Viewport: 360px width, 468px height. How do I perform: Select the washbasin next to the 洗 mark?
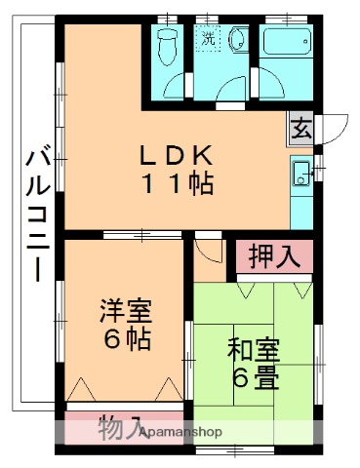point(236,38)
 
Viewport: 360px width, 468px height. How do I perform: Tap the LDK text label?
point(176,155)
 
